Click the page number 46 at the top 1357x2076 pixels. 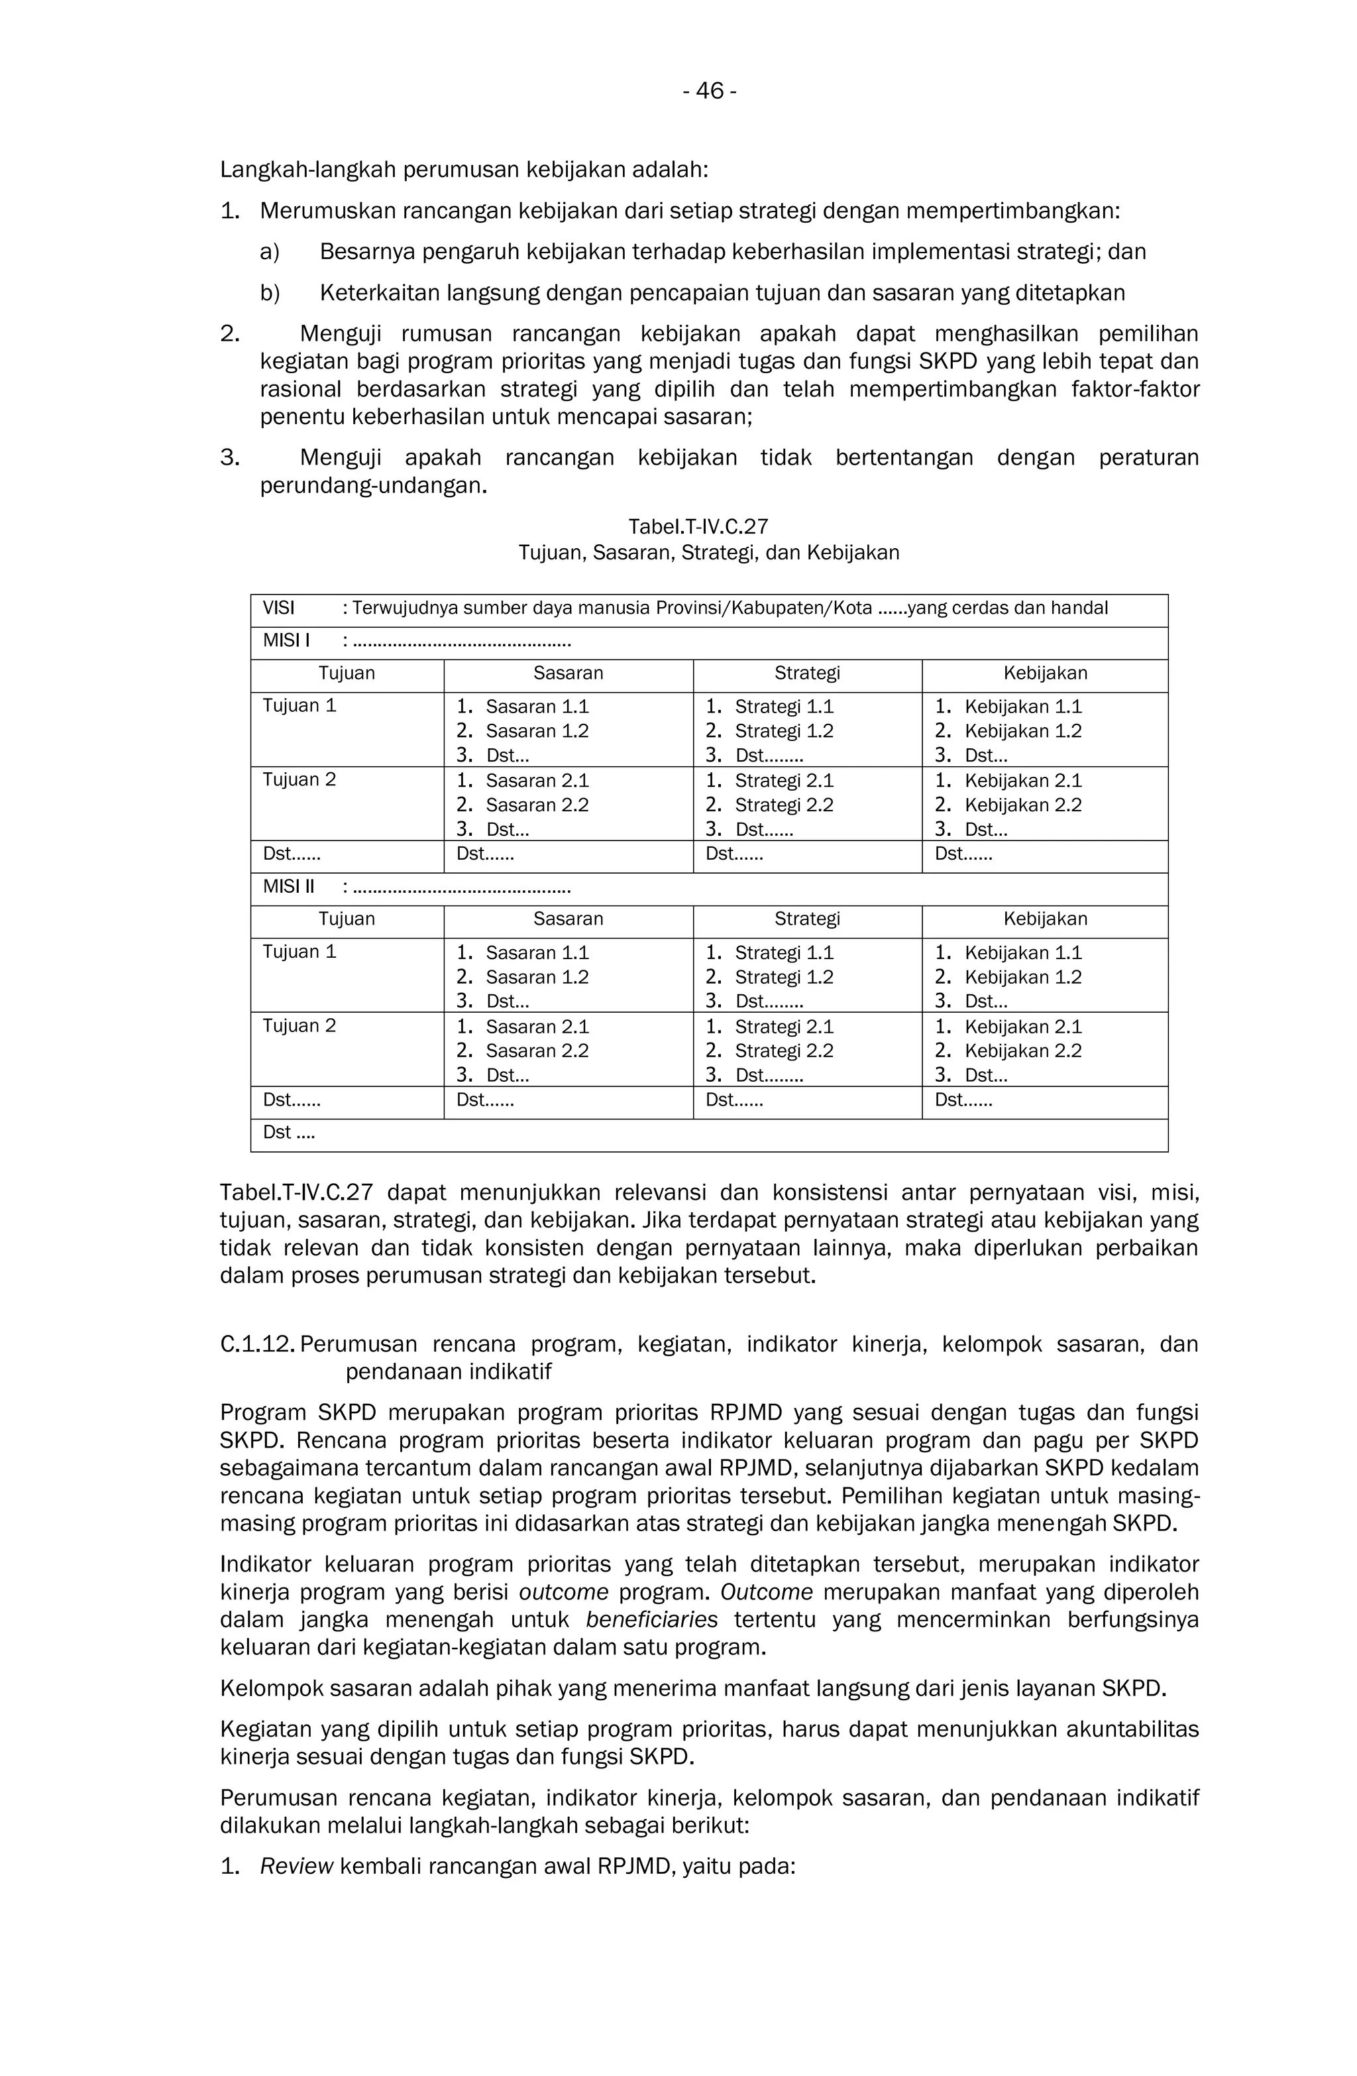pos(708,91)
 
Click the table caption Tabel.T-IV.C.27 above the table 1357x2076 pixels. pos(698,526)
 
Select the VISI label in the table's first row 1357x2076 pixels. pos(278,608)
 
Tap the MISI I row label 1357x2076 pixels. pos(286,640)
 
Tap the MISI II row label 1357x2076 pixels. pos(289,886)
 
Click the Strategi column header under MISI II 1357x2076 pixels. pos(806,919)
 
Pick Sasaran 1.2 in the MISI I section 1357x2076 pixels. pos(536,731)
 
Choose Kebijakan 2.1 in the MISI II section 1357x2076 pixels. pos(1022,1026)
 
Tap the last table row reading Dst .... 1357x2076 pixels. pos(289,1132)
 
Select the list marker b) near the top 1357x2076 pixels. pos(270,292)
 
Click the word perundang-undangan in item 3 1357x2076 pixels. pos(372,485)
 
